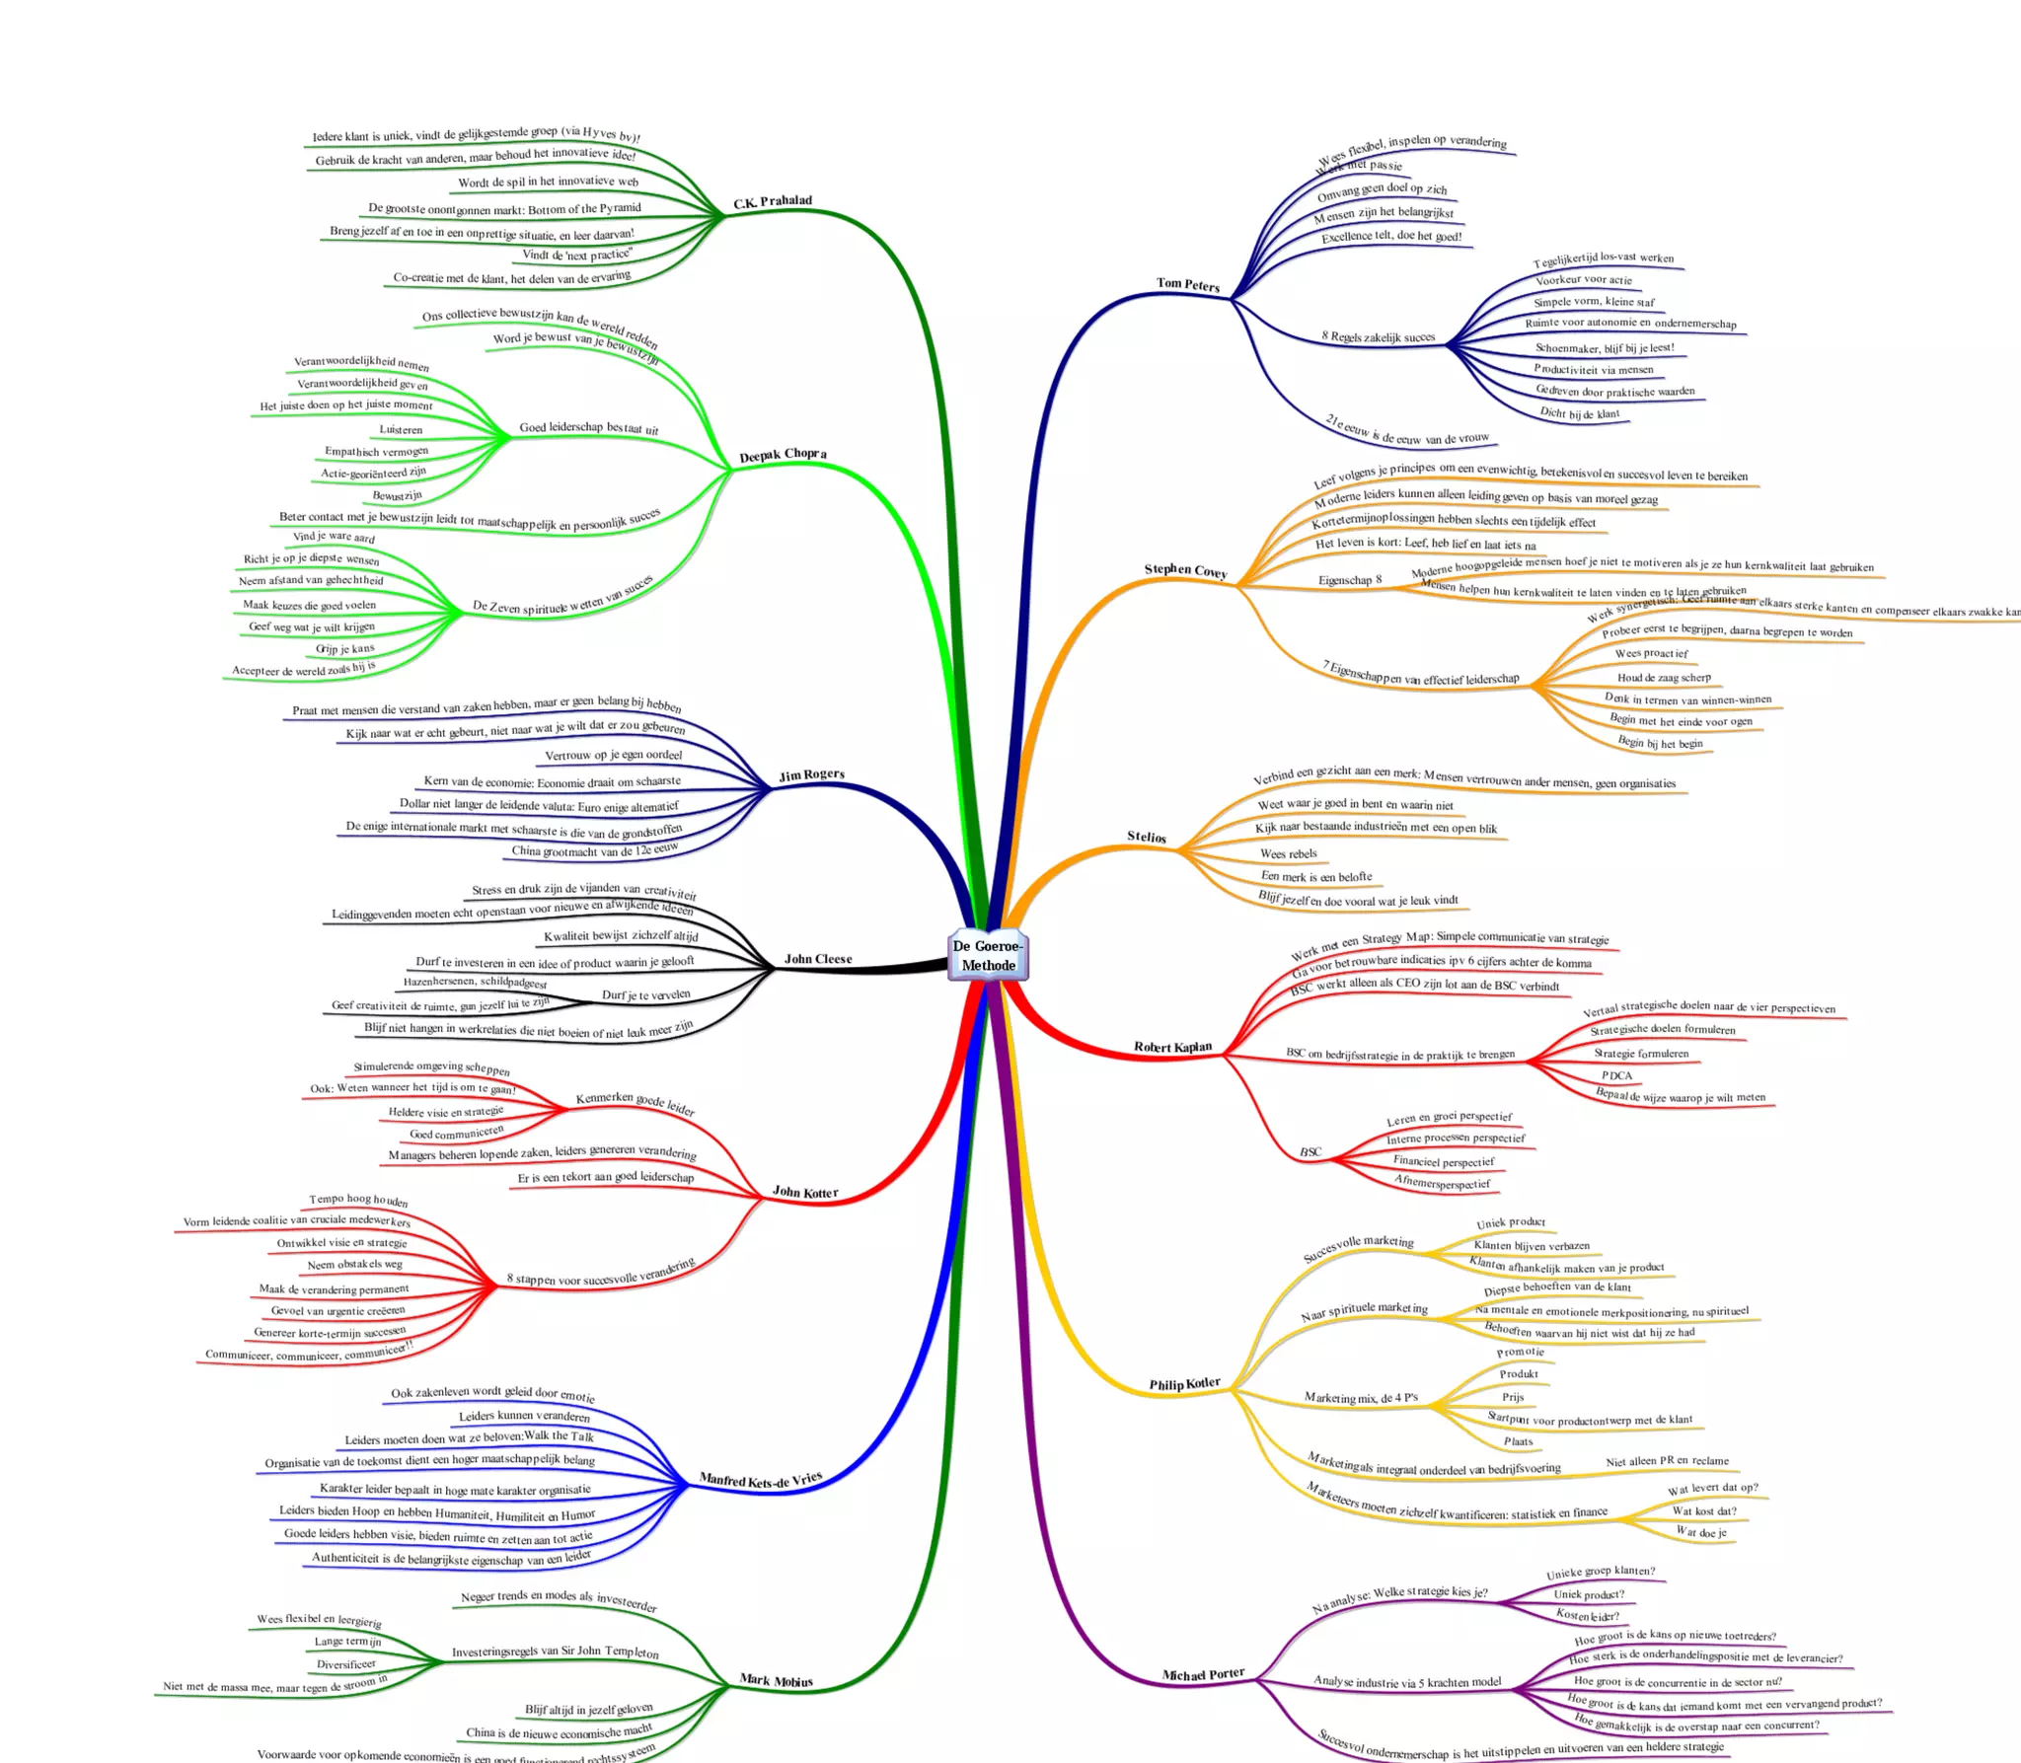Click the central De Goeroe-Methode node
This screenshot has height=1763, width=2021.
(x=988, y=955)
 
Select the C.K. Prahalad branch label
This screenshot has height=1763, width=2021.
(x=773, y=202)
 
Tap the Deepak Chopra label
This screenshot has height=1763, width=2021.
(x=784, y=455)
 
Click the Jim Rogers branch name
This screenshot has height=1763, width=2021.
(x=811, y=774)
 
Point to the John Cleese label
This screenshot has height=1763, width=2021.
(x=818, y=959)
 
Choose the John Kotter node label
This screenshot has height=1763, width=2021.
(x=805, y=1192)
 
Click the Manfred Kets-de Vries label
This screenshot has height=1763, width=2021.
(x=761, y=1480)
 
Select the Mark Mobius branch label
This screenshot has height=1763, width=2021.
(x=777, y=1680)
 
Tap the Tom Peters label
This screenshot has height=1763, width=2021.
(x=1188, y=284)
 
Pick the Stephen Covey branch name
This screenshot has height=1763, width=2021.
(x=1185, y=570)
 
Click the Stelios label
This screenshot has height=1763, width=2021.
(x=1147, y=837)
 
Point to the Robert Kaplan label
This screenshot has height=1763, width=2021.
(x=1172, y=1047)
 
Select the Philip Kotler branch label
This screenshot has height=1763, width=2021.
(x=1184, y=1384)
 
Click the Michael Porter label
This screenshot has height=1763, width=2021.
(x=1203, y=1674)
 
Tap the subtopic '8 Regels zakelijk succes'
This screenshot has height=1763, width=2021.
(x=1378, y=336)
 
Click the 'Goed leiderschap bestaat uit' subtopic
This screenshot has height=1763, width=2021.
(x=588, y=428)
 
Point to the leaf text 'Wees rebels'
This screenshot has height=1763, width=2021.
(x=1288, y=853)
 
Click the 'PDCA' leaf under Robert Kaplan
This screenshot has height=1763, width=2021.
(x=1616, y=1075)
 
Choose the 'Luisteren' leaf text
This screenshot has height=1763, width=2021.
(x=401, y=429)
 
